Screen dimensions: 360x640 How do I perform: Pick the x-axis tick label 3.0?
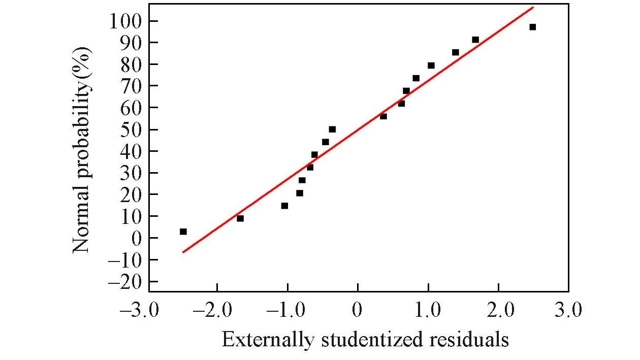coord(568,309)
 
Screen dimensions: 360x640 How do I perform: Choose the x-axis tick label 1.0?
coord(428,309)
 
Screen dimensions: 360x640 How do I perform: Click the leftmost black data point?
coord(183,232)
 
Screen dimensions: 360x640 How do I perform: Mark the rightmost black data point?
coord(532,27)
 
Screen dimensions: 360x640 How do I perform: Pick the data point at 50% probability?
coord(332,129)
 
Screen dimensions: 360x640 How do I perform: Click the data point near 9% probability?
coord(240,218)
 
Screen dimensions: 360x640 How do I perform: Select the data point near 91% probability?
coord(475,40)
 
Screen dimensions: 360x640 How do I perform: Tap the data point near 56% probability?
coord(383,116)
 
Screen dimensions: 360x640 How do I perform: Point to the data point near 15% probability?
coord(284,206)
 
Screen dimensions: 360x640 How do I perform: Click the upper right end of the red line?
coord(533,7)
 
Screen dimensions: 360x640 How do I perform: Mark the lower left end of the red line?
coord(183,252)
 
